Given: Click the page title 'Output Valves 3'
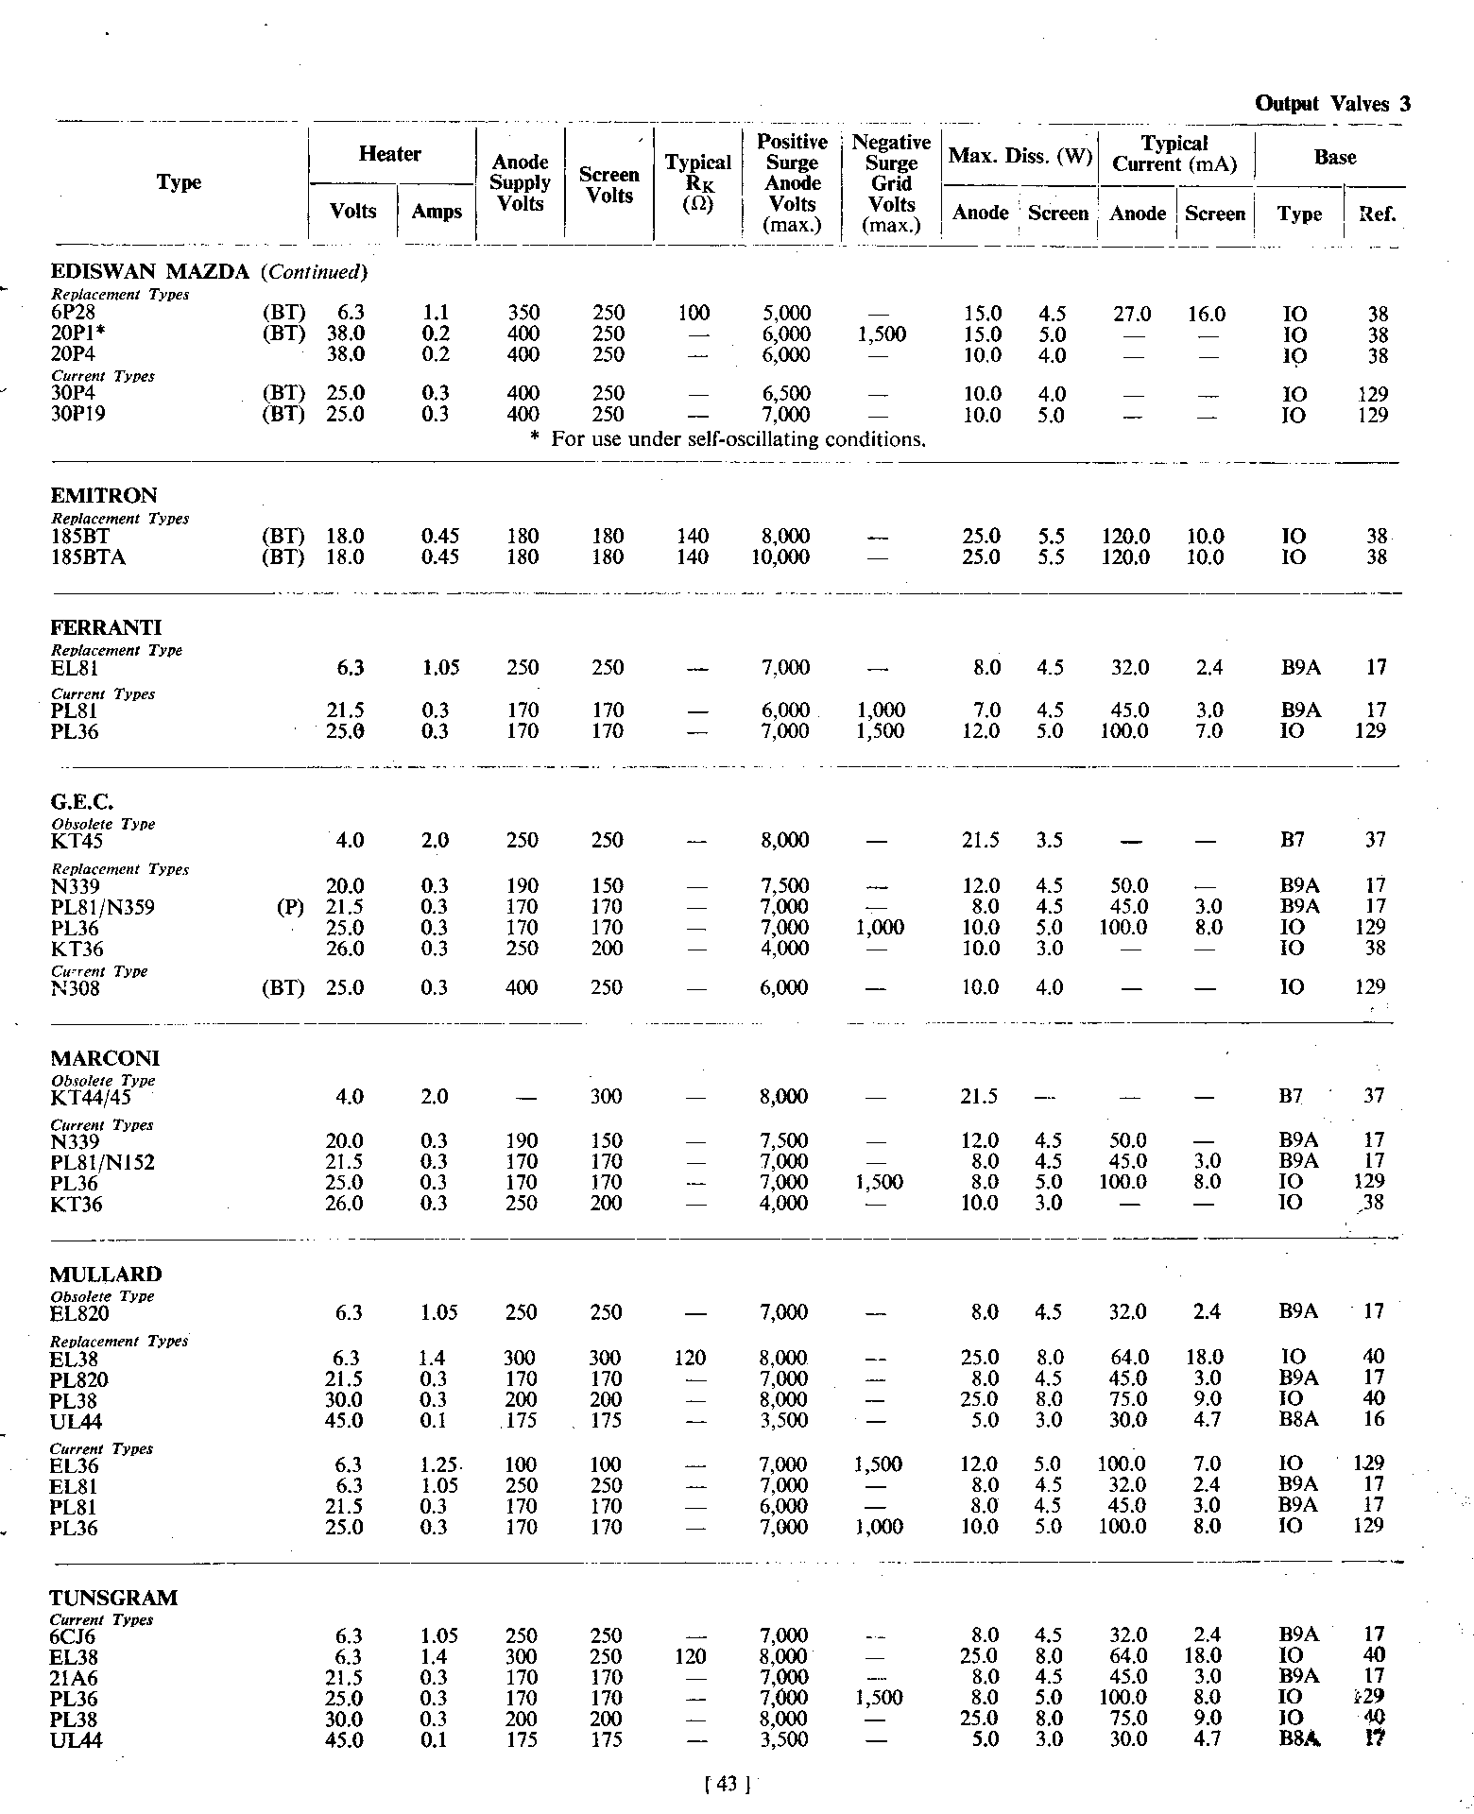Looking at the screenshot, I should pos(1332,104).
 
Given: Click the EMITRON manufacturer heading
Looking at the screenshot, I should pos(104,496).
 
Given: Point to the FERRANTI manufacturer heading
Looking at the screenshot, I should pos(106,628).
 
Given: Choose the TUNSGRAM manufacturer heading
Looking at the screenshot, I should pos(113,1599).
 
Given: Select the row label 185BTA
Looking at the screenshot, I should pos(88,557).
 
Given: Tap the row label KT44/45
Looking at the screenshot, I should pos(91,1098).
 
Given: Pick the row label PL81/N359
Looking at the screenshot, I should pos(103,908).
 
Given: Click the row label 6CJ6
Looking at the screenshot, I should pos(73,1636).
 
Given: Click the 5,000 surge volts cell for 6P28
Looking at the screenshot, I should pos(785,314).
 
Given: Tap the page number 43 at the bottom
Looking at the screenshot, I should pos(727,1785).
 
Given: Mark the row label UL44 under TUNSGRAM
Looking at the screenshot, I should pos(77,1740).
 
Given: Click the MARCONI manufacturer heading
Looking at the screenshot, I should pos(105,1058).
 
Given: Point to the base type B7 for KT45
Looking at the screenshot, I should pos(1292,841).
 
